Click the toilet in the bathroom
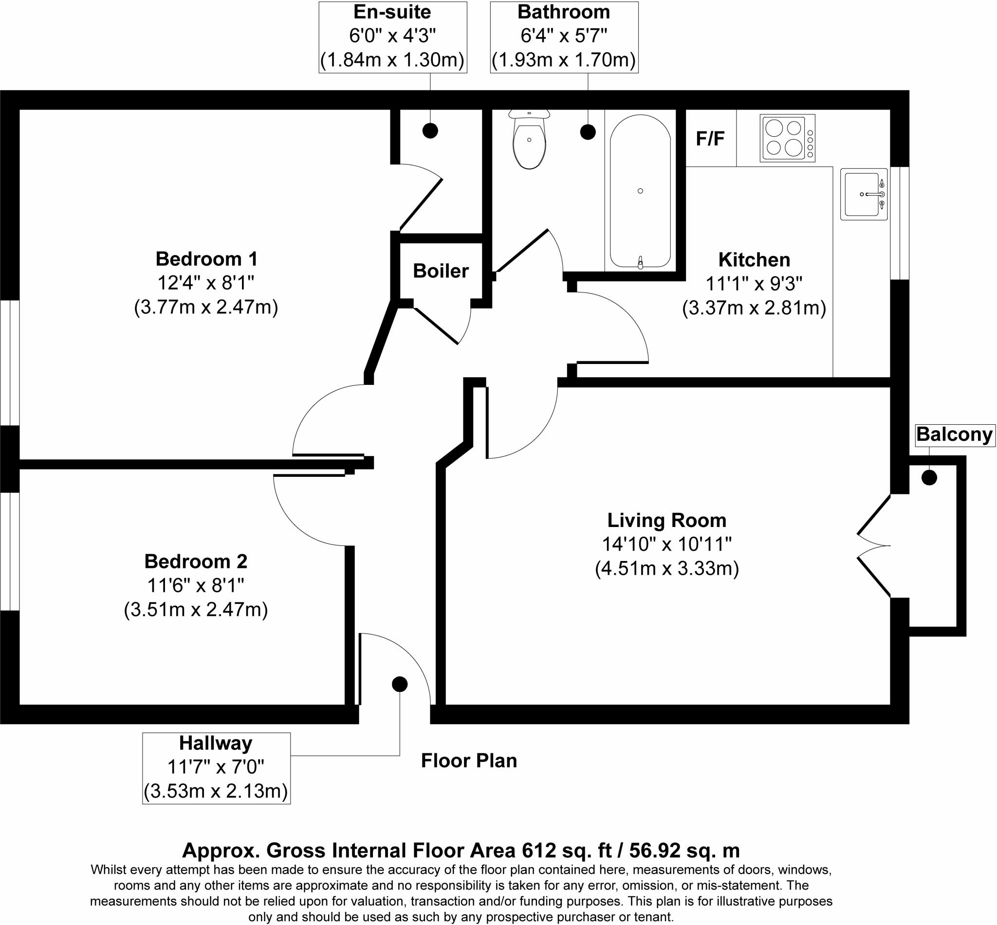[529, 140]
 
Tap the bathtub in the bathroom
[640, 191]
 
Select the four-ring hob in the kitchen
[787, 138]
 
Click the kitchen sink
[863, 194]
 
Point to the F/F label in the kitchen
[710, 139]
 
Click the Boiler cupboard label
[441, 271]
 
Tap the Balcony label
[954, 435]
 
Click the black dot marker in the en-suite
[430, 130]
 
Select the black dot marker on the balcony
[929, 477]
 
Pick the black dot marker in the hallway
[399, 684]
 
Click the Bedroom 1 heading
[206, 259]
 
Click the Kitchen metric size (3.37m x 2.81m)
[754, 308]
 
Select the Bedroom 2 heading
[196, 561]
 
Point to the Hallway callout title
[215, 744]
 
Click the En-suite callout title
[392, 12]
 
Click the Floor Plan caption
[469, 761]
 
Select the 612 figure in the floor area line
[539, 851]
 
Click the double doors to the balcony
[873, 545]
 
